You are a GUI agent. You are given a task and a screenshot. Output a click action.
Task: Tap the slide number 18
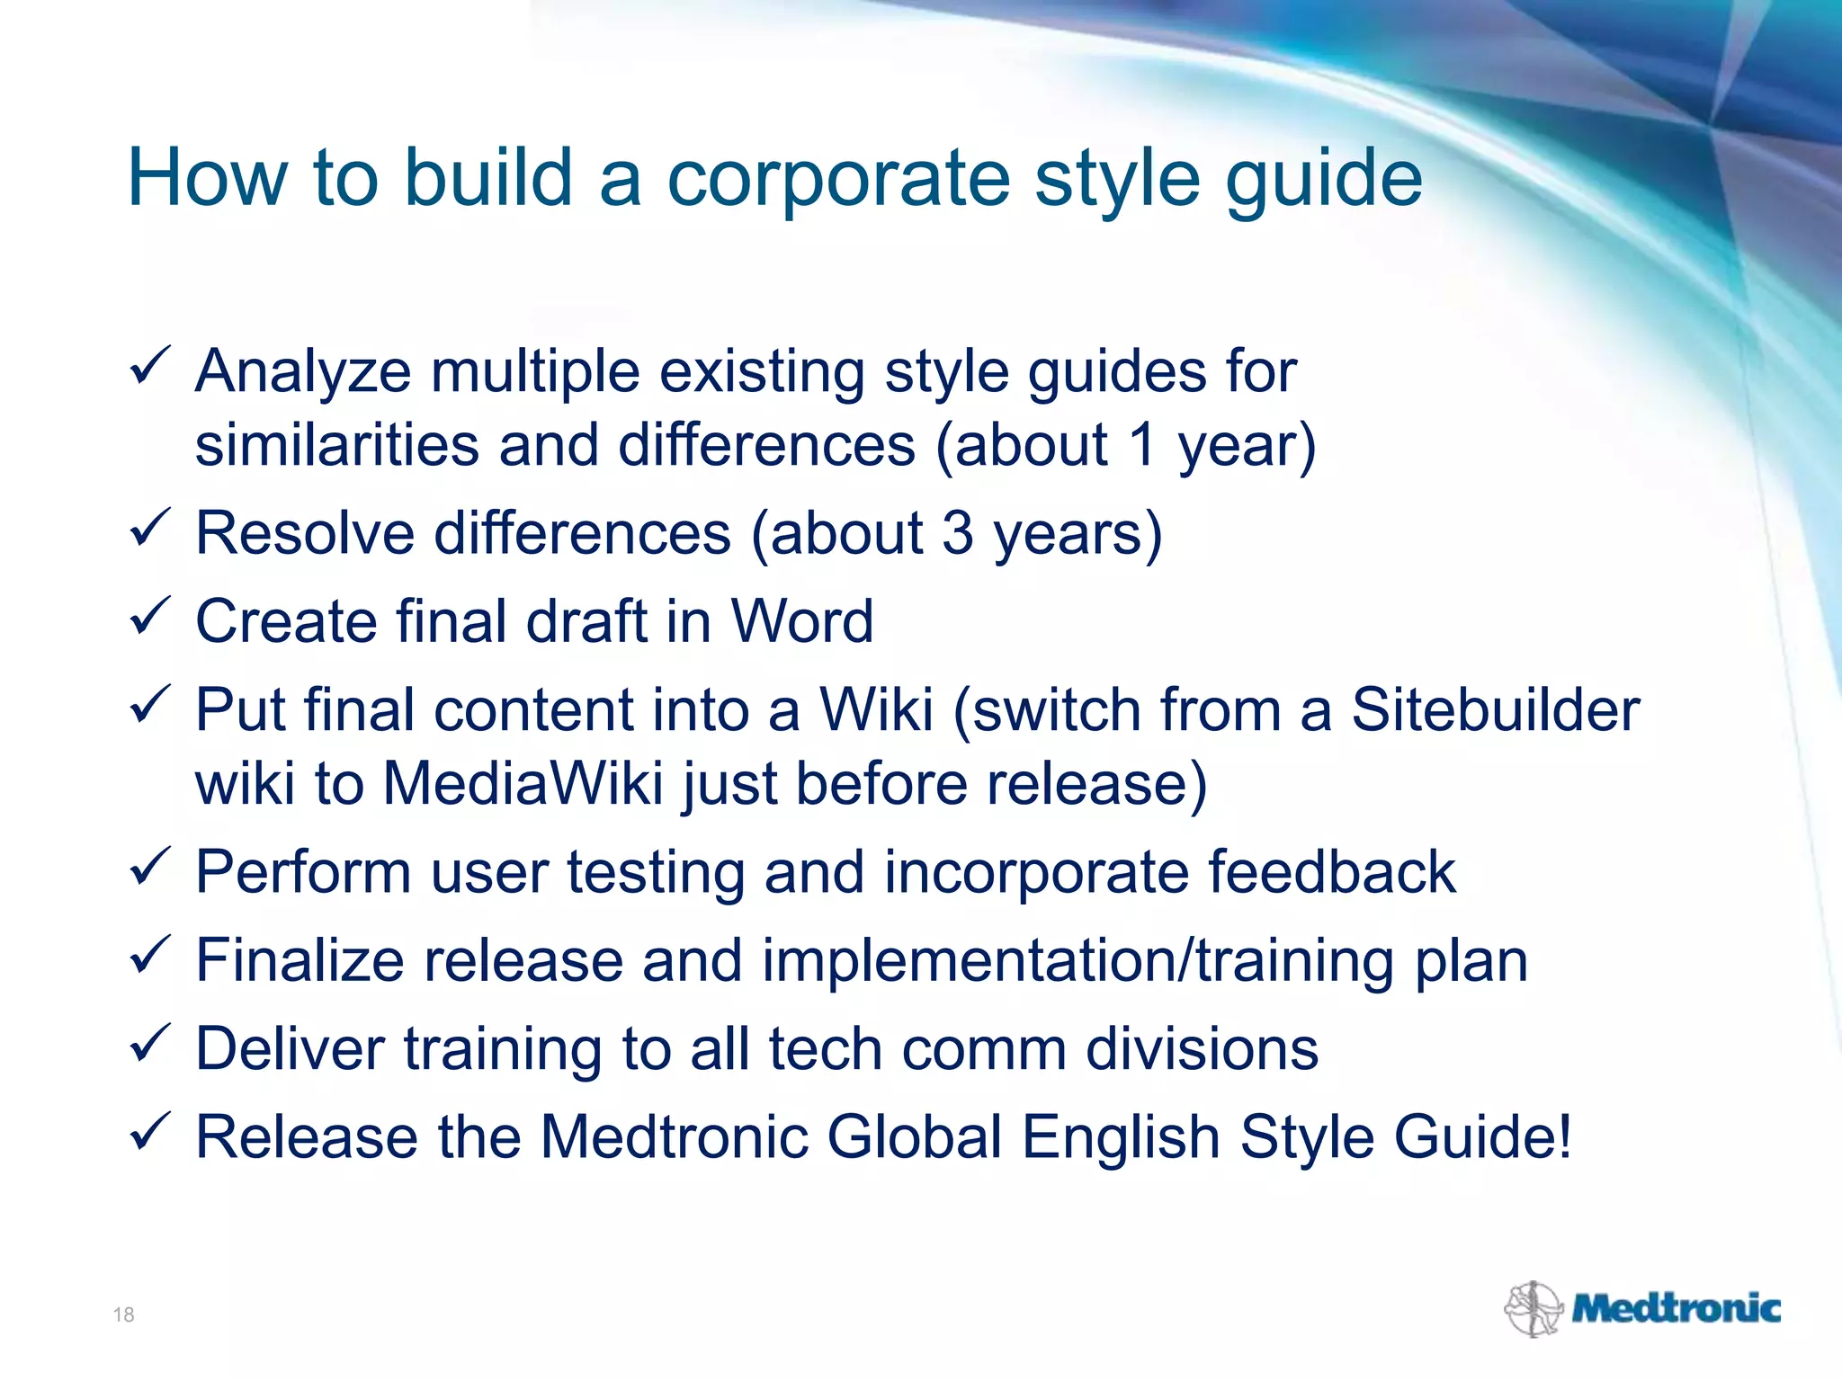tap(123, 1314)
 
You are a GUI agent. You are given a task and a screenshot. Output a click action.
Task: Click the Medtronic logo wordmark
tap(1676, 1308)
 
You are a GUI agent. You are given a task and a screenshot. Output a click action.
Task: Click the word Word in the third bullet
tap(801, 621)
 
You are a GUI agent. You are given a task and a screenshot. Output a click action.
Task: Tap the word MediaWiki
tap(523, 784)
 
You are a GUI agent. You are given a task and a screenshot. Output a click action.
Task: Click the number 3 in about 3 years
tap(958, 533)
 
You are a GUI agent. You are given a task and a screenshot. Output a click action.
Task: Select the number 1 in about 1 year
tap(1142, 445)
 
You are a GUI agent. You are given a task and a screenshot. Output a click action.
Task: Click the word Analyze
tap(303, 372)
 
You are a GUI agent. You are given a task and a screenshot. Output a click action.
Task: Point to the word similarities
tap(337, 445)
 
